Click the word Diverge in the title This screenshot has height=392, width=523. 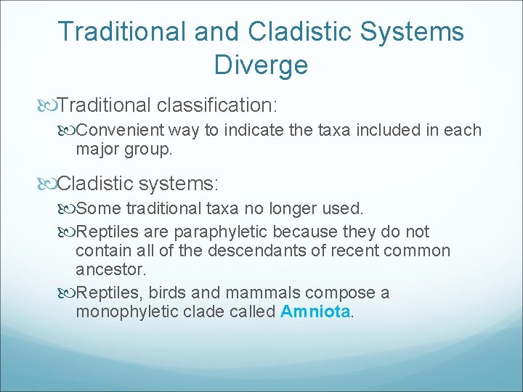pos(261,65)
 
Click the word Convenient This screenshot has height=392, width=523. pos(121,130)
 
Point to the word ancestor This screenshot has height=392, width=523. pos(110,269)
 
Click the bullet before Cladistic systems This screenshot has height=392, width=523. pos(49,181)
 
